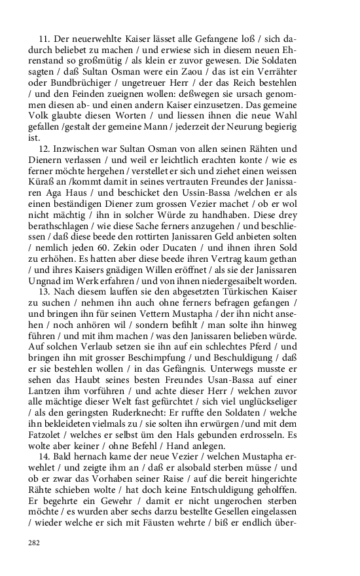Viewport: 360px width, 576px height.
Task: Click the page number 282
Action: tap(33, 543)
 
